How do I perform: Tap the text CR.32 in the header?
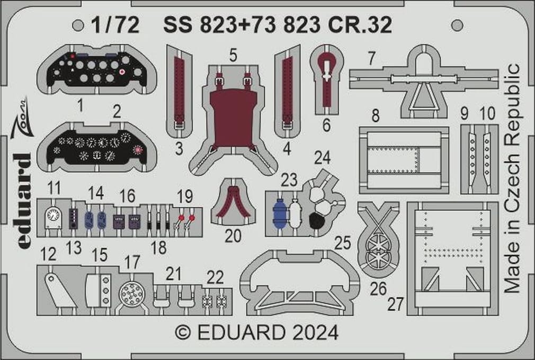[x=367, y=24]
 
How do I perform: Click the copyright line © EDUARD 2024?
[x=256, y=333]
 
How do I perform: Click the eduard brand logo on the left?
[x=22, y=201]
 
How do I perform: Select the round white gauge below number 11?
[x=52, y=216]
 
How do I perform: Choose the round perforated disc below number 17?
[x=131, y=293]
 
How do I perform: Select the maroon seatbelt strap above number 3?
[x=179, y=87]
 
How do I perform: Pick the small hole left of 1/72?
[x=78, y=24]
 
